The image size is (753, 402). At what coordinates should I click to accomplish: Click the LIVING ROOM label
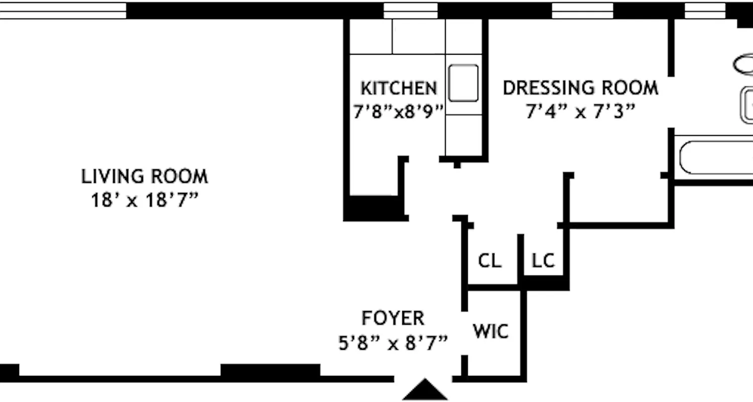[x=145, y=177]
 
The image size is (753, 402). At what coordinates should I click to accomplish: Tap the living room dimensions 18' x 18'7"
[x=145, y=200]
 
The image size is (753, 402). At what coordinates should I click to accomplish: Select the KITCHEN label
[x=399, y=88]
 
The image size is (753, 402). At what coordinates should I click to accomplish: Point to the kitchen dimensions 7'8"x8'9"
[x=399, y=111]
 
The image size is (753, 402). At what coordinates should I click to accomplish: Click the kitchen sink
[x=463, y=83]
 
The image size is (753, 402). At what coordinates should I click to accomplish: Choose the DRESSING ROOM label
[x=580, y=88]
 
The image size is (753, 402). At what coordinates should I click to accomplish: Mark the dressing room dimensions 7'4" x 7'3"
[x=580, y=111]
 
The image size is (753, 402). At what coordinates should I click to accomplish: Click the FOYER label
[x=393, y=318]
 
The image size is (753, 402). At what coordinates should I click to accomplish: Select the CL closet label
[x=489, y=261]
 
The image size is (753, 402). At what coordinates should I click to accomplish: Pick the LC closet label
[x=543, y=261]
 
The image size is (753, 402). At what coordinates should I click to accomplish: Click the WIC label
[x=490, y=332]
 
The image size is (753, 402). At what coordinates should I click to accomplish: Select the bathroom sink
[x=748, y=105]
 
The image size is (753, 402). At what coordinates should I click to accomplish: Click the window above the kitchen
[x=411, y=11]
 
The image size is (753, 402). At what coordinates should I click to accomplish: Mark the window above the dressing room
[x=582, y=11]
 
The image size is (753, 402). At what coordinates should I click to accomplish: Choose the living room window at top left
[x=63, y=11]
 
